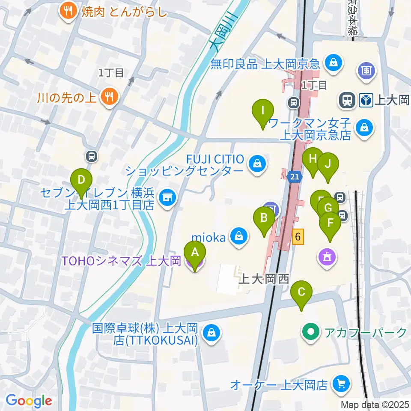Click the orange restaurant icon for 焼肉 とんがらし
pos(68,10)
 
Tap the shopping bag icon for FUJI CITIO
pos(257,164)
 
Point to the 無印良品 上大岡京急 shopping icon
pos(332,64)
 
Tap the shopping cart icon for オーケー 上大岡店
pos(341,384)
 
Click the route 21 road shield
pos(293,177)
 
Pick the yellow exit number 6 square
pos(298,236)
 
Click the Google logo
pos(29,401)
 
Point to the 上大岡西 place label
pos(264,280)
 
